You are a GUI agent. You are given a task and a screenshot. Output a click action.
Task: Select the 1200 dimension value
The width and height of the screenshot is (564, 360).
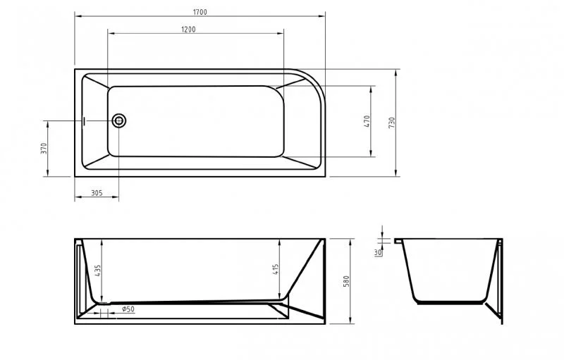pyautogui.click(x=188, y=29)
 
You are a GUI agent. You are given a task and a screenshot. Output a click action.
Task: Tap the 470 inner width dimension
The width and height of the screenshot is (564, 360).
pyautogui.click(x=367, y=120)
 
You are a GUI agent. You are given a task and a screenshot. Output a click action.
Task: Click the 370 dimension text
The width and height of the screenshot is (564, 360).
pyautogui.click(x=44, y=149)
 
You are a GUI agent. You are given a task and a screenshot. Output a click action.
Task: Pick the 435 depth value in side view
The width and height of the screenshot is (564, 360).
pyautogui.click(x=98, y=271)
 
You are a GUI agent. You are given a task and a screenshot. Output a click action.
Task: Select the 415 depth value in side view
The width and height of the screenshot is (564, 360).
pyautogui.click(x=276, y=270)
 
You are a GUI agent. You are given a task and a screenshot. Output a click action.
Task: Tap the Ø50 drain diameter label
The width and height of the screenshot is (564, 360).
pyautogui.click(x=128, y=309)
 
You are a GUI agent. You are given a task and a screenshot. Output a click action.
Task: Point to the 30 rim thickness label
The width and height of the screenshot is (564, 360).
pyautogui.click(x=378, y=252)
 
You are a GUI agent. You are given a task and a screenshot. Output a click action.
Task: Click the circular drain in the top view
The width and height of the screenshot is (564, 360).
pyautogui.click(x=119, y=121)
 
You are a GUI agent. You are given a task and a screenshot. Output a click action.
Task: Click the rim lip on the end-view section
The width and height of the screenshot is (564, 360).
pyautogui.click(x=400, y=242)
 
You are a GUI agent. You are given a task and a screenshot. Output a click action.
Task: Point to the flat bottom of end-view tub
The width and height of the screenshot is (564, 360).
pyautogui.click(x=451, y=302)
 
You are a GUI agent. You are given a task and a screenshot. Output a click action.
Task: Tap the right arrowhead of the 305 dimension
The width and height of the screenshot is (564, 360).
pyautogui.click(x=116, y=197)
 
